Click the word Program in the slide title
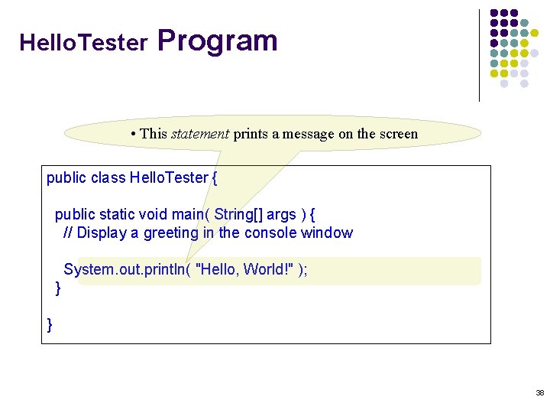[x=218, y=41]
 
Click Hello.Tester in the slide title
[x=82, y=43]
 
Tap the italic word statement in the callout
[x=199, y=134]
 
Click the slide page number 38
[x=540, y=392]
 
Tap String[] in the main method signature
[x=239, y=215]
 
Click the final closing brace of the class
[x=50, y=325]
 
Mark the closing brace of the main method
[x=58, y=288]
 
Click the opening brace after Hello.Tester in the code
[x=215, y=178]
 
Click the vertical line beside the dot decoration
[x=479, y=55]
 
